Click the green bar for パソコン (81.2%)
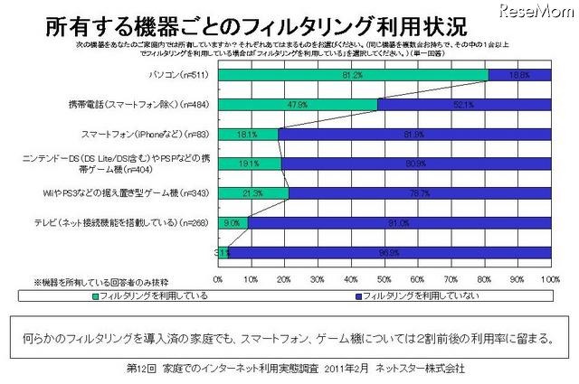[x=353, y=74]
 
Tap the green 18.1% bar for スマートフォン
[x=248, y=134]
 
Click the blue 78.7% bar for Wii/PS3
[x=420, y=192]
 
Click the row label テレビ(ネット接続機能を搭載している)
[x=136, y=222]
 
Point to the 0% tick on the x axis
[x=218, y=279]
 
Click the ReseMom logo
[x=539, y=12]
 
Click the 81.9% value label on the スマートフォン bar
[x=415, y=134]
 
